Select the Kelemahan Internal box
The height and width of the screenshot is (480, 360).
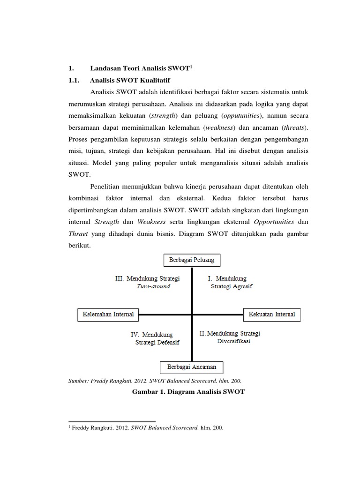(108, 315)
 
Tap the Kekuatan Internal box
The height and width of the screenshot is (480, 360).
(272, 315)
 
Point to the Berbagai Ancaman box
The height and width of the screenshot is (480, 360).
(192, 367)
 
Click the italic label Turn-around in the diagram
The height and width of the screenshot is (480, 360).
(153, 286)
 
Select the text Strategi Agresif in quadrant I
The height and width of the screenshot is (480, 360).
(232, 286)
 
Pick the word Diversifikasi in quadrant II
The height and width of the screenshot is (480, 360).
(233, 342)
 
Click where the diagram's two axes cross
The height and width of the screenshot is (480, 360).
(192, 315)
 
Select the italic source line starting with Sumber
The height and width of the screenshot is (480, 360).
(155, 381)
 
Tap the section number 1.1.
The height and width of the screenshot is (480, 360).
(75, 80)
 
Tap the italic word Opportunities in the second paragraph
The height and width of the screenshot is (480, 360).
(274, 221)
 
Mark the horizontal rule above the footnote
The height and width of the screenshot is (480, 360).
(112, 421)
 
